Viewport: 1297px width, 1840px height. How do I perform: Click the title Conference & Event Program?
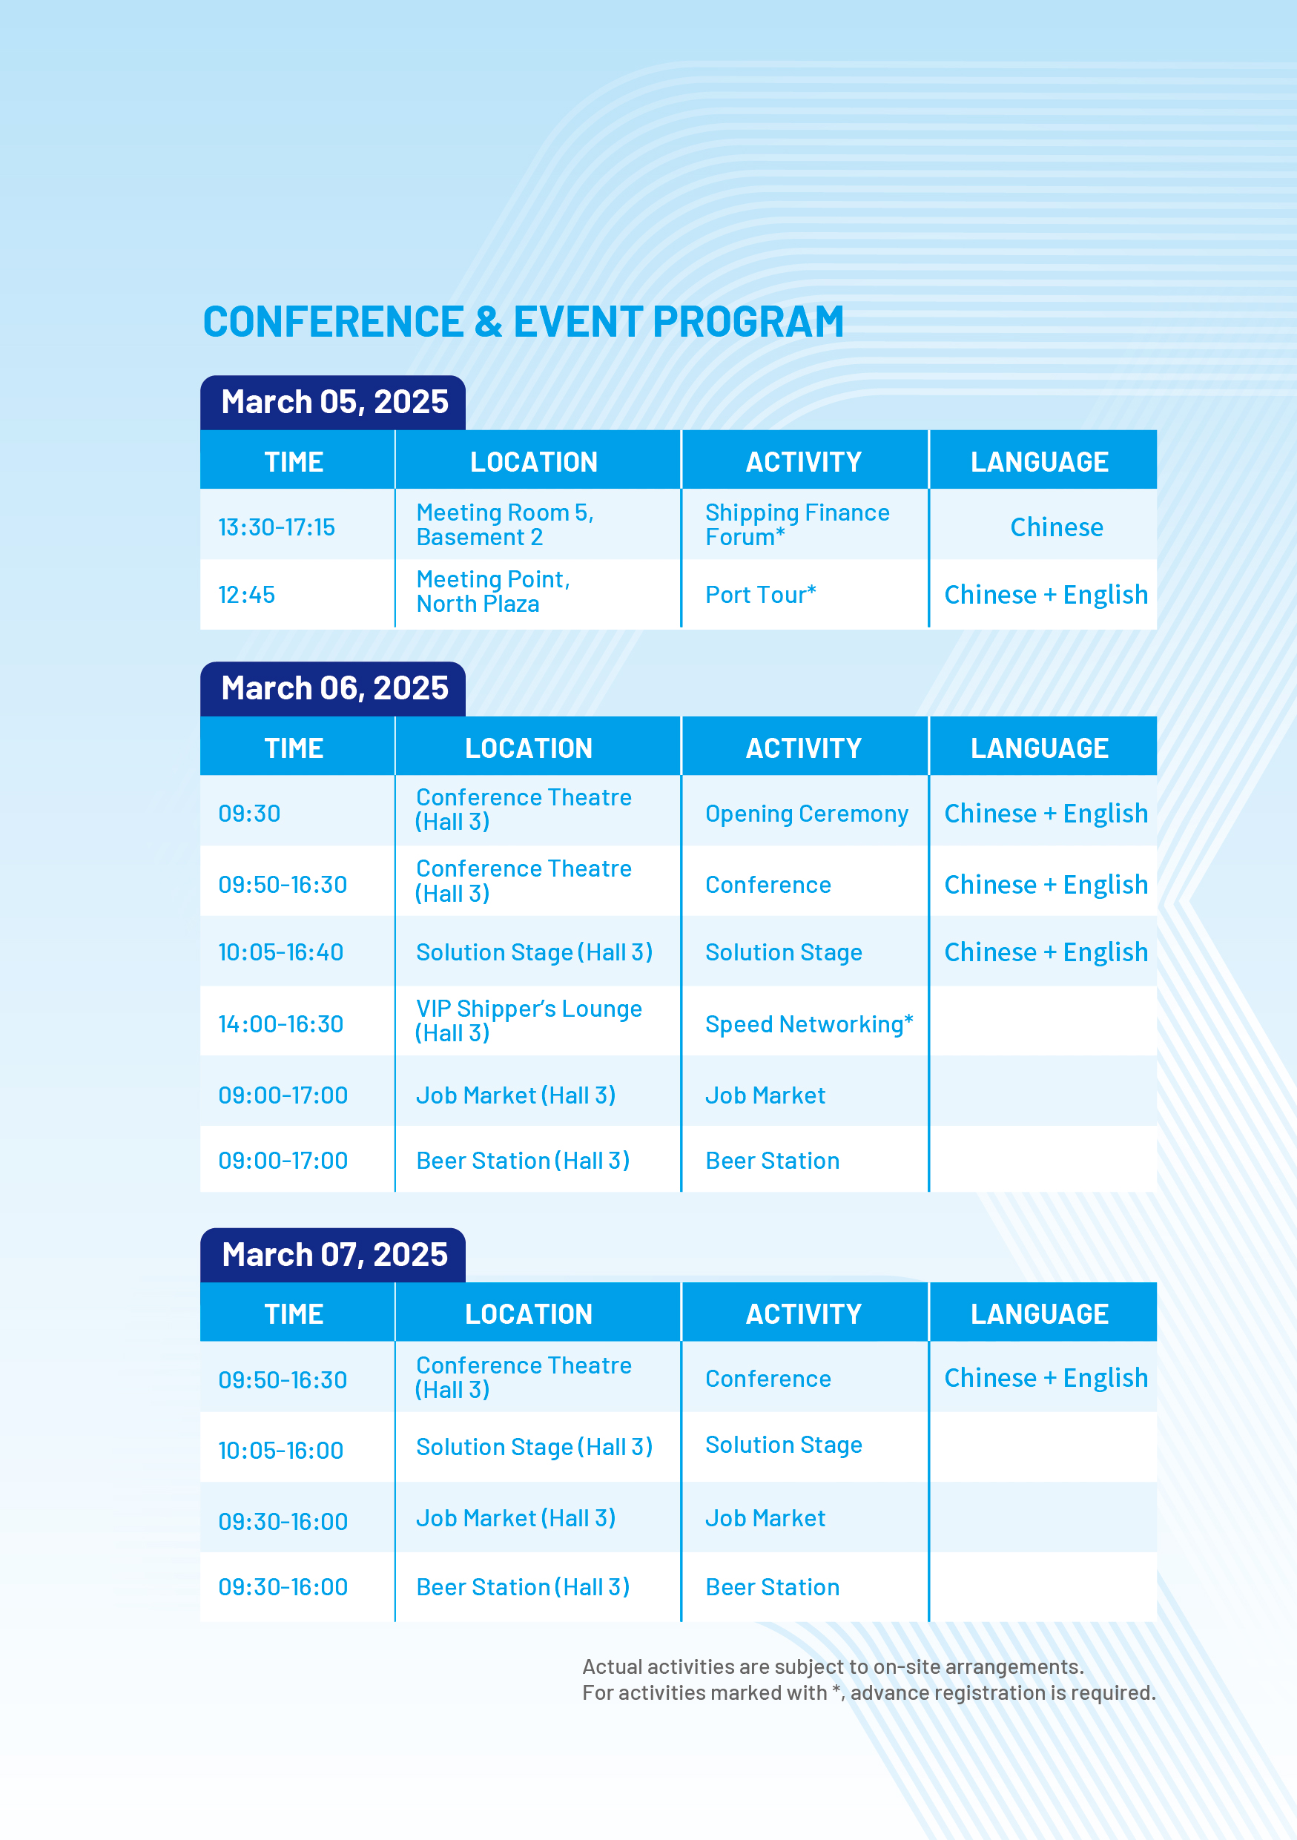click(x=523, y=322)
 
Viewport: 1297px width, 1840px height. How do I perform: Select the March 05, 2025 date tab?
click(x=333, y=402)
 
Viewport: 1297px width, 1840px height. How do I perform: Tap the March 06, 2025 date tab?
click(x=333, y=688)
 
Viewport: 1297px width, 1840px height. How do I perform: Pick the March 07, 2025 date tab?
click(x=333, y=1255)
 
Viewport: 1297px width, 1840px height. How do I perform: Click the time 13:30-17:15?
click(x=277, y=527)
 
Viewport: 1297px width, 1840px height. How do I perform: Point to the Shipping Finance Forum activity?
click(x=797, y=524)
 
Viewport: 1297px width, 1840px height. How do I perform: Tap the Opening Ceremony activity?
click(x=806, y=814)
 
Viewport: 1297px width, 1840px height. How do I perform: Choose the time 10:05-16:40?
click(x=280, y=952)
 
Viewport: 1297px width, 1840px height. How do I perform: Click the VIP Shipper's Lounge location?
click(x=528, y=1020)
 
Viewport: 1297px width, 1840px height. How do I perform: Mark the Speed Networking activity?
click(x=809, y=1024)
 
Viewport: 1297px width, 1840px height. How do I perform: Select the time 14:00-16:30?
click(x=280, y=1024)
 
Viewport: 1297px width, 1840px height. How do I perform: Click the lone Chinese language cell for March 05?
click(x=1056, y=527)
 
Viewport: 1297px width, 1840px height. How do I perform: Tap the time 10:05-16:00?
click(x=280, y=1451)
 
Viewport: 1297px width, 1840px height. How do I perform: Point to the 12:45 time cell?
click(x=246, y=595)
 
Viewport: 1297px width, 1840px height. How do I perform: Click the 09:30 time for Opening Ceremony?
click(x=249, y=814)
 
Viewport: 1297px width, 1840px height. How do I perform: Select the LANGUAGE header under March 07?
click(x=1039, y=1314)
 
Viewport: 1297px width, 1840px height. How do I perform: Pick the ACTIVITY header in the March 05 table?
click(x=804, y=462)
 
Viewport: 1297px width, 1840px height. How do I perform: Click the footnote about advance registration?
click(x=868, y=1692)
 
